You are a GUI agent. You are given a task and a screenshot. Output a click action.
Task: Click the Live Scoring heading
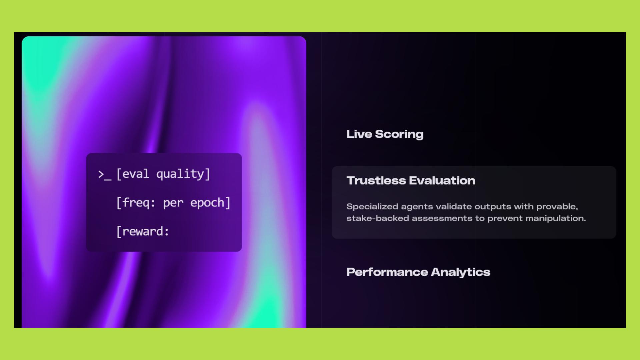385,134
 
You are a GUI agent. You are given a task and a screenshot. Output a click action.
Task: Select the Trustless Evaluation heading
411,181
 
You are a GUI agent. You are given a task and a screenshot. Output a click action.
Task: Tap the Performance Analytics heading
418,272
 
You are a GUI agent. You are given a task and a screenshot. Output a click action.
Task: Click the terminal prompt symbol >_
105,175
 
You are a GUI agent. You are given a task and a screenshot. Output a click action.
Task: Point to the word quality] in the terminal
183,174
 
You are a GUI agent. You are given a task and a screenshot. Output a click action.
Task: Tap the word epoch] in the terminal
210,203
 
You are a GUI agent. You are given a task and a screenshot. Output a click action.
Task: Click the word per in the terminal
173,204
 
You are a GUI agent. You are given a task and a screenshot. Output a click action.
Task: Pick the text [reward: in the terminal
143,231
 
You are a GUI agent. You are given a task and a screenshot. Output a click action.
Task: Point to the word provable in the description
557,207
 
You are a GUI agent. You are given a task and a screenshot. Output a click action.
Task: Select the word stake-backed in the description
378,218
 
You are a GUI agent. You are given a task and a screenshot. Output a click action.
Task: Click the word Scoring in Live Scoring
399,134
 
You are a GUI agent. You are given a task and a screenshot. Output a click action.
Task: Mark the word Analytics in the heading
461,272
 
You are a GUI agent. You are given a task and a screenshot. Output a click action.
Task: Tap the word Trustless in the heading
376,181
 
